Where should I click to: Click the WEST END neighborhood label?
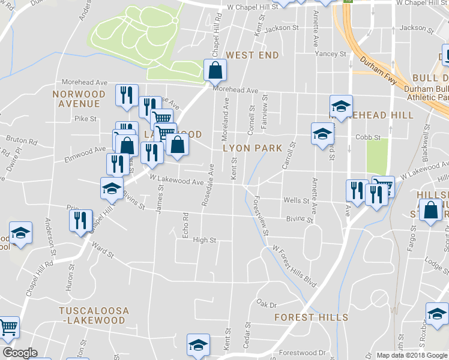[252, 55]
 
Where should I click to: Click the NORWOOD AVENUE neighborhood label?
[79, 99]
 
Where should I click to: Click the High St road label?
[204, 240]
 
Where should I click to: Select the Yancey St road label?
[335, 54]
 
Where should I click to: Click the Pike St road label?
[85, 119]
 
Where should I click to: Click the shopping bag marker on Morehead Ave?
[214, 71]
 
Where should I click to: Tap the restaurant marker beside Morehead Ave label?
[126, 95]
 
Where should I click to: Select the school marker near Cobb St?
[322, 134]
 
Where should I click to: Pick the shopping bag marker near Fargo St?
[430, 211]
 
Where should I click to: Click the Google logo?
[20, 353]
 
